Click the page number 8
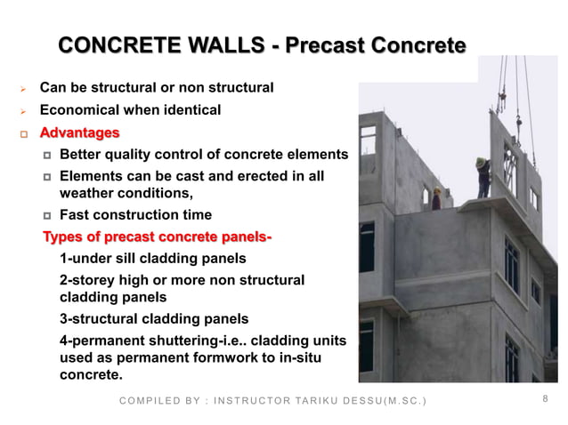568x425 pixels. click(545, 400)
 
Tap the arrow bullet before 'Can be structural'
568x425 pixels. click(23, 89)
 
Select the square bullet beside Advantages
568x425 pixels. click(24, 133)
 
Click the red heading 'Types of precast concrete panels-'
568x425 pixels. click(158, 237)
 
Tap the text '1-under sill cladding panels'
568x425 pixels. click(152, 259)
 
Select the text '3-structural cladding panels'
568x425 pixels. click(153, 318)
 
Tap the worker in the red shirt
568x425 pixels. click(436, 198)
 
